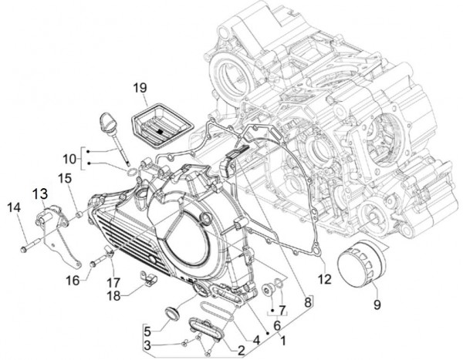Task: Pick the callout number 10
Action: [x=68, y=160]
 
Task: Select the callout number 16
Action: [x=73, y=279]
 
